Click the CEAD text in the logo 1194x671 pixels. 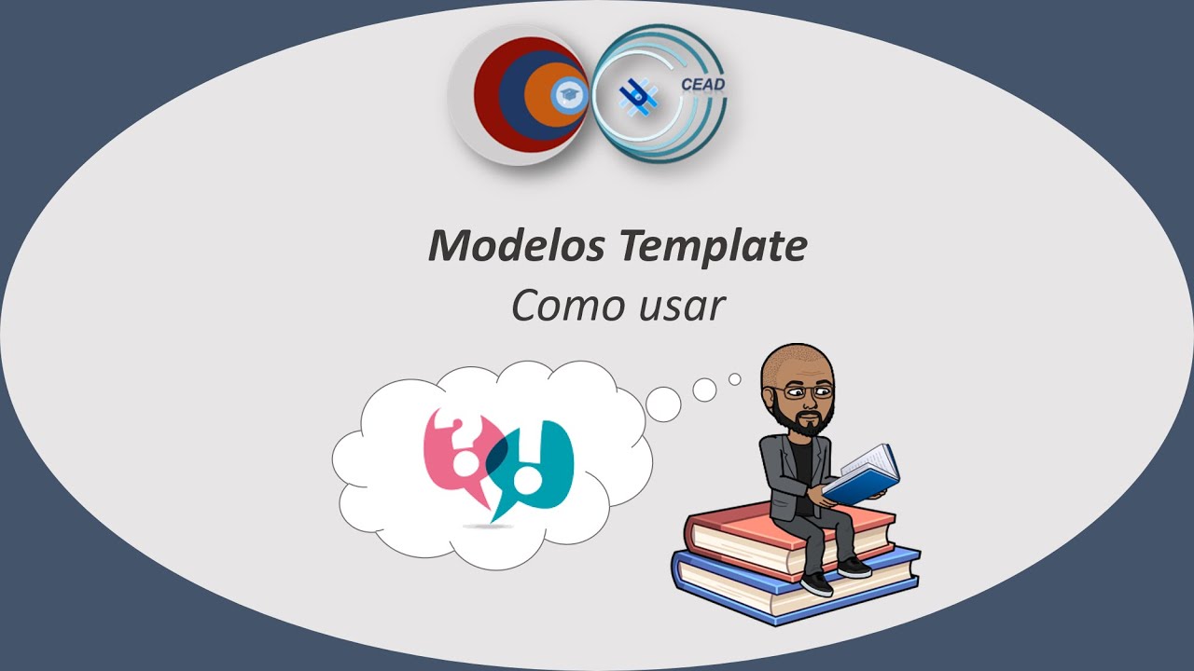[702, 85]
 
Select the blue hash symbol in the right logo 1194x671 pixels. [639, 94]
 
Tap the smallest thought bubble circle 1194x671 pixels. [735, 379]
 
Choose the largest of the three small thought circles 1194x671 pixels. [664, 403]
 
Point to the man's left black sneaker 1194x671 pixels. [817, 583]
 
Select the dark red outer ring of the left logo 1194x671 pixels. [486, 93]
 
